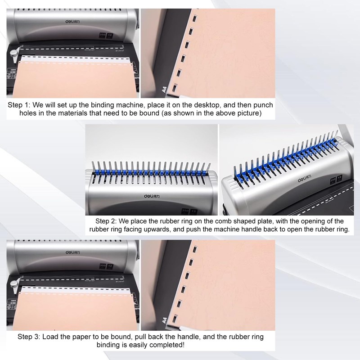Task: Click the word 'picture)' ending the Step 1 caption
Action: pyautogui.click(x=250, y=113)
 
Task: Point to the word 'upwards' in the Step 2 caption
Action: pyautogui.click(x=187, y=229)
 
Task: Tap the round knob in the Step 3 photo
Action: pyautogui.click(x=14, y=284)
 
